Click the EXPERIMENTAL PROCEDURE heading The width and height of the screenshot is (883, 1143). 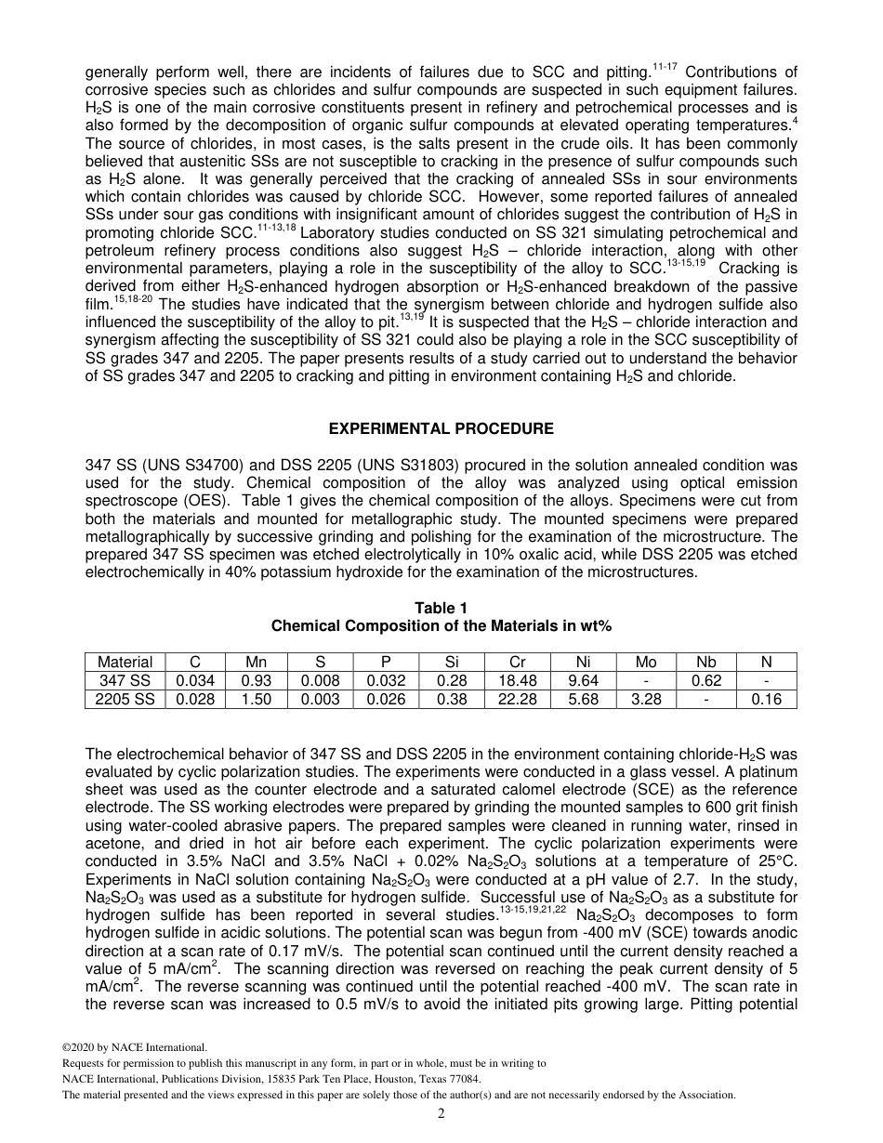click(441, 428)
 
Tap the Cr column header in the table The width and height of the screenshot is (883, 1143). click(517, 662)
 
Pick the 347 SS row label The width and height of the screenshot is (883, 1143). click(125, 680)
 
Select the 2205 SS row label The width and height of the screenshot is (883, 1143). click(125, 699)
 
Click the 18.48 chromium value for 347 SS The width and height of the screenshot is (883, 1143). click(517, 680)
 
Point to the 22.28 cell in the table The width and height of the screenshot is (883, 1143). click(517, 699)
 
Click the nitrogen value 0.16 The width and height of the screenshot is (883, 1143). click(766, 699)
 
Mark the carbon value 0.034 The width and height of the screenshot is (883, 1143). click(195, 680)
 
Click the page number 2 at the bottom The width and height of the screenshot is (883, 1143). click(441, 1114)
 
